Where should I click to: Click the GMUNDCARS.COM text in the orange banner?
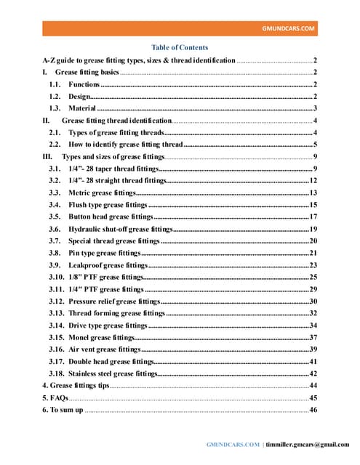coord(289,28)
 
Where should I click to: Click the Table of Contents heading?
coord(180,47)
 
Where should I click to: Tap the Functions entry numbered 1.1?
coord(84,86)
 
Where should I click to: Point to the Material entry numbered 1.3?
coord(82,108)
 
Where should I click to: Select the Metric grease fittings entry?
coord(102,193)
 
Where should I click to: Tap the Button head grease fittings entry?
coord(111,217)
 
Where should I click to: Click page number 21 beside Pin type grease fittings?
coord(313,253)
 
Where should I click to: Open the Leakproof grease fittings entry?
coord(108,265)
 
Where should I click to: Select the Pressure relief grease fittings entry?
coord(113,301)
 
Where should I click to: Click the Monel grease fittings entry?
coord(102,337)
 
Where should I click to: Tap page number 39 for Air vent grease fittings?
coord(313,349)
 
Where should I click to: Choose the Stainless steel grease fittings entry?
coord(113,373)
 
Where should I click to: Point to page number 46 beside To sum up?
coord(313,411)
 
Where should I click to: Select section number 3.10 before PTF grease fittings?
coord(55,277)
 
